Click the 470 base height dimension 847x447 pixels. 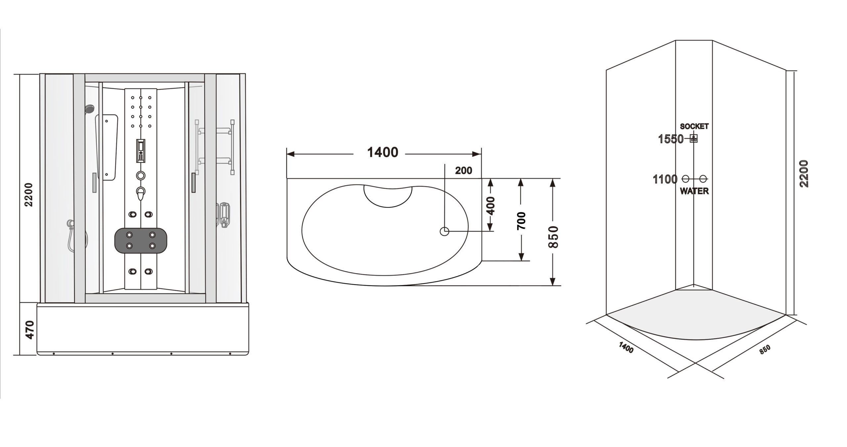click(30, 329)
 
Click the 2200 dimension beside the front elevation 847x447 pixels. click(29, 194)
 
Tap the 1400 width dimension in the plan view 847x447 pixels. click(383, 152)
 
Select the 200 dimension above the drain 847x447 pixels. click(464, 171)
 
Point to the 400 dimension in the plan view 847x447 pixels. click(491, 206)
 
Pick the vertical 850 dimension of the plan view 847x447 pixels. click(553, 237)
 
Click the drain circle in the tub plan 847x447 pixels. click(444, 231)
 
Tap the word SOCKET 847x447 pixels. click(694, 126)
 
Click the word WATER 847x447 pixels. click(694, 191)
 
